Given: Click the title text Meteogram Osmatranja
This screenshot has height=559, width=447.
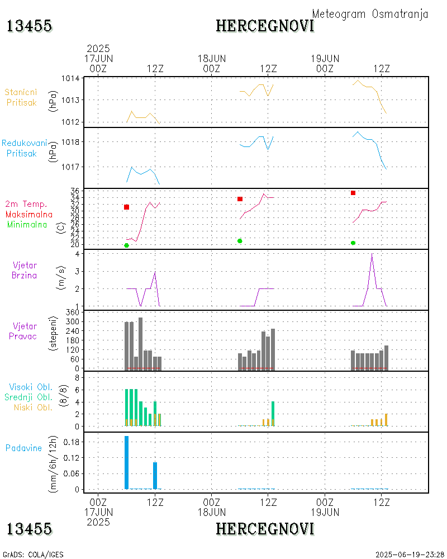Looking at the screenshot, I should [x=370, y=14].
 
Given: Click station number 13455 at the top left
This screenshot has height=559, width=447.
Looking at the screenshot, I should [x=30, y=26].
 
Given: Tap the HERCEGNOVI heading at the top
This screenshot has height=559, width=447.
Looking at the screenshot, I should [x=265, y=26].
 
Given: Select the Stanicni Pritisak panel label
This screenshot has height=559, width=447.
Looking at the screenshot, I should [x=21, y=97].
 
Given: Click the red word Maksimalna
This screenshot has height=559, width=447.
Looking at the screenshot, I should [x=29, y=215].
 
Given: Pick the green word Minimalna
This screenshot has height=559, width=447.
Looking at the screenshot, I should [x=30, y=225].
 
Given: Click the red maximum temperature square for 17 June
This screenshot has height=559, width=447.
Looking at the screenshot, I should [x=127, y=207].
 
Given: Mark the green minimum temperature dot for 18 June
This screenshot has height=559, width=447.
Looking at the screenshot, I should [x=240, y=241].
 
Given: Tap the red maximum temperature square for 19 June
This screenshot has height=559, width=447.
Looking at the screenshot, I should [x=353, y=193].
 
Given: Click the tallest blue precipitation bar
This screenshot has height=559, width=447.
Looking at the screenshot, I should [x=127, y=462].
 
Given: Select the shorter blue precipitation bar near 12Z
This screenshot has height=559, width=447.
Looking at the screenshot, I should [x=155, y=475].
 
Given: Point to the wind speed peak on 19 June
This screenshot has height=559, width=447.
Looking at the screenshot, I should [x=372, y=254].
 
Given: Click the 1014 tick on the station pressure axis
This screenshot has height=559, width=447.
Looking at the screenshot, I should [x=70, y=78].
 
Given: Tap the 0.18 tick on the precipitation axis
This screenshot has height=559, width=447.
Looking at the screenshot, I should [x=70, y=442].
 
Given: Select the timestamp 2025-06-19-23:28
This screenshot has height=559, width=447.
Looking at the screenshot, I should [x=410, y=555].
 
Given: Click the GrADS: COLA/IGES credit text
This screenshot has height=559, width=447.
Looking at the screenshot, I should [x=33, y=555].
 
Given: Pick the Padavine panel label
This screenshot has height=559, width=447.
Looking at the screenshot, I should [x=24, y=448].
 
